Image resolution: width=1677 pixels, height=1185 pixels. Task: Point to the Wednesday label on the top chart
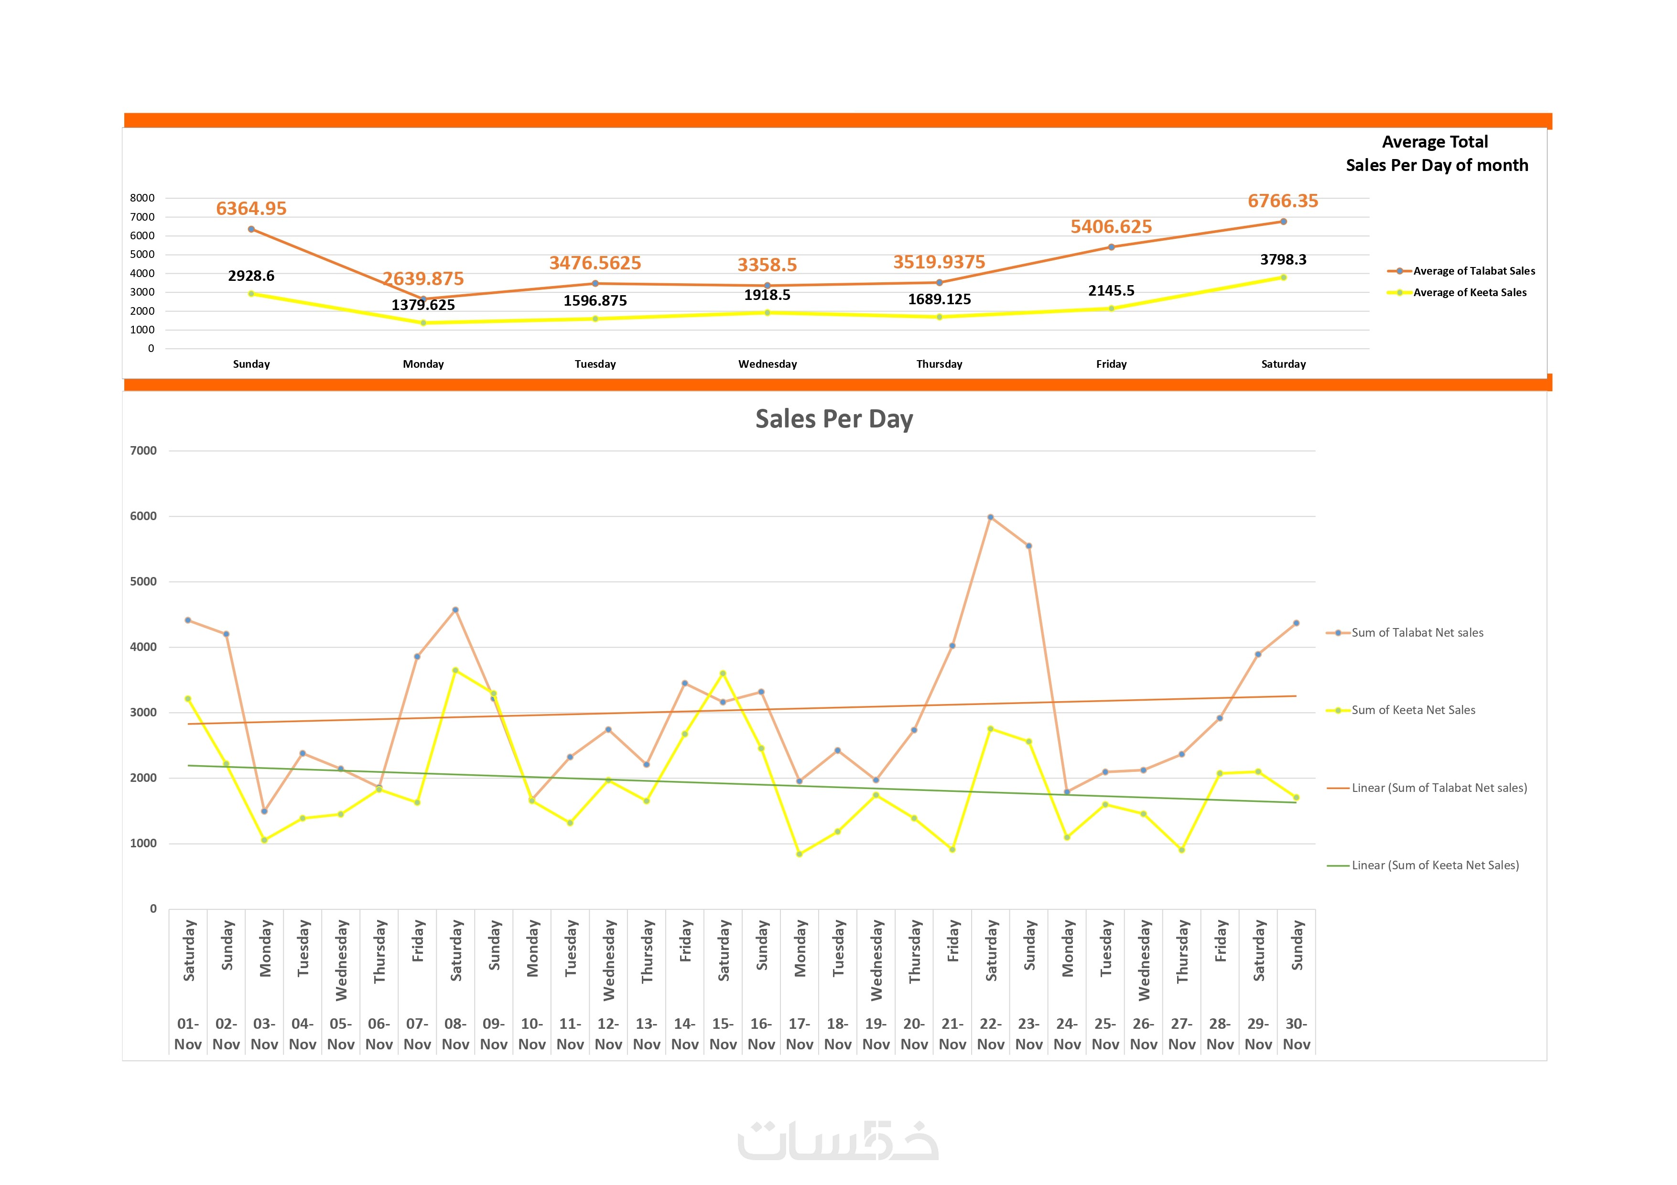(x=767, y=364)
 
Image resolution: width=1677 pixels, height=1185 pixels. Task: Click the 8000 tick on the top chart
(x=142, y=198)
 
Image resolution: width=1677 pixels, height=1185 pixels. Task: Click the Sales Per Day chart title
(x=833, y=419)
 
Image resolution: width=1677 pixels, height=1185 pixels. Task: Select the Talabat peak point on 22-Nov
(x=990, y=517)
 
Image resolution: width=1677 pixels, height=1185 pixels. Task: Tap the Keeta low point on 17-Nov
(x=799, y=854)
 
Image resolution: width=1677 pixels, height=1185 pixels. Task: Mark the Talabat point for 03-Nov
(x=264, y=811)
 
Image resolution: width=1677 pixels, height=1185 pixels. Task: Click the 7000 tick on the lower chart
(x=143, y=450)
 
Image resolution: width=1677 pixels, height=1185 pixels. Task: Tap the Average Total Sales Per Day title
(x=1436, y=153)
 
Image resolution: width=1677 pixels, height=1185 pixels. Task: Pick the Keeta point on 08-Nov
(x=455, y=670)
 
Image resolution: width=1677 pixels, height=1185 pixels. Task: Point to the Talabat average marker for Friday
(x=1111, y=247)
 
